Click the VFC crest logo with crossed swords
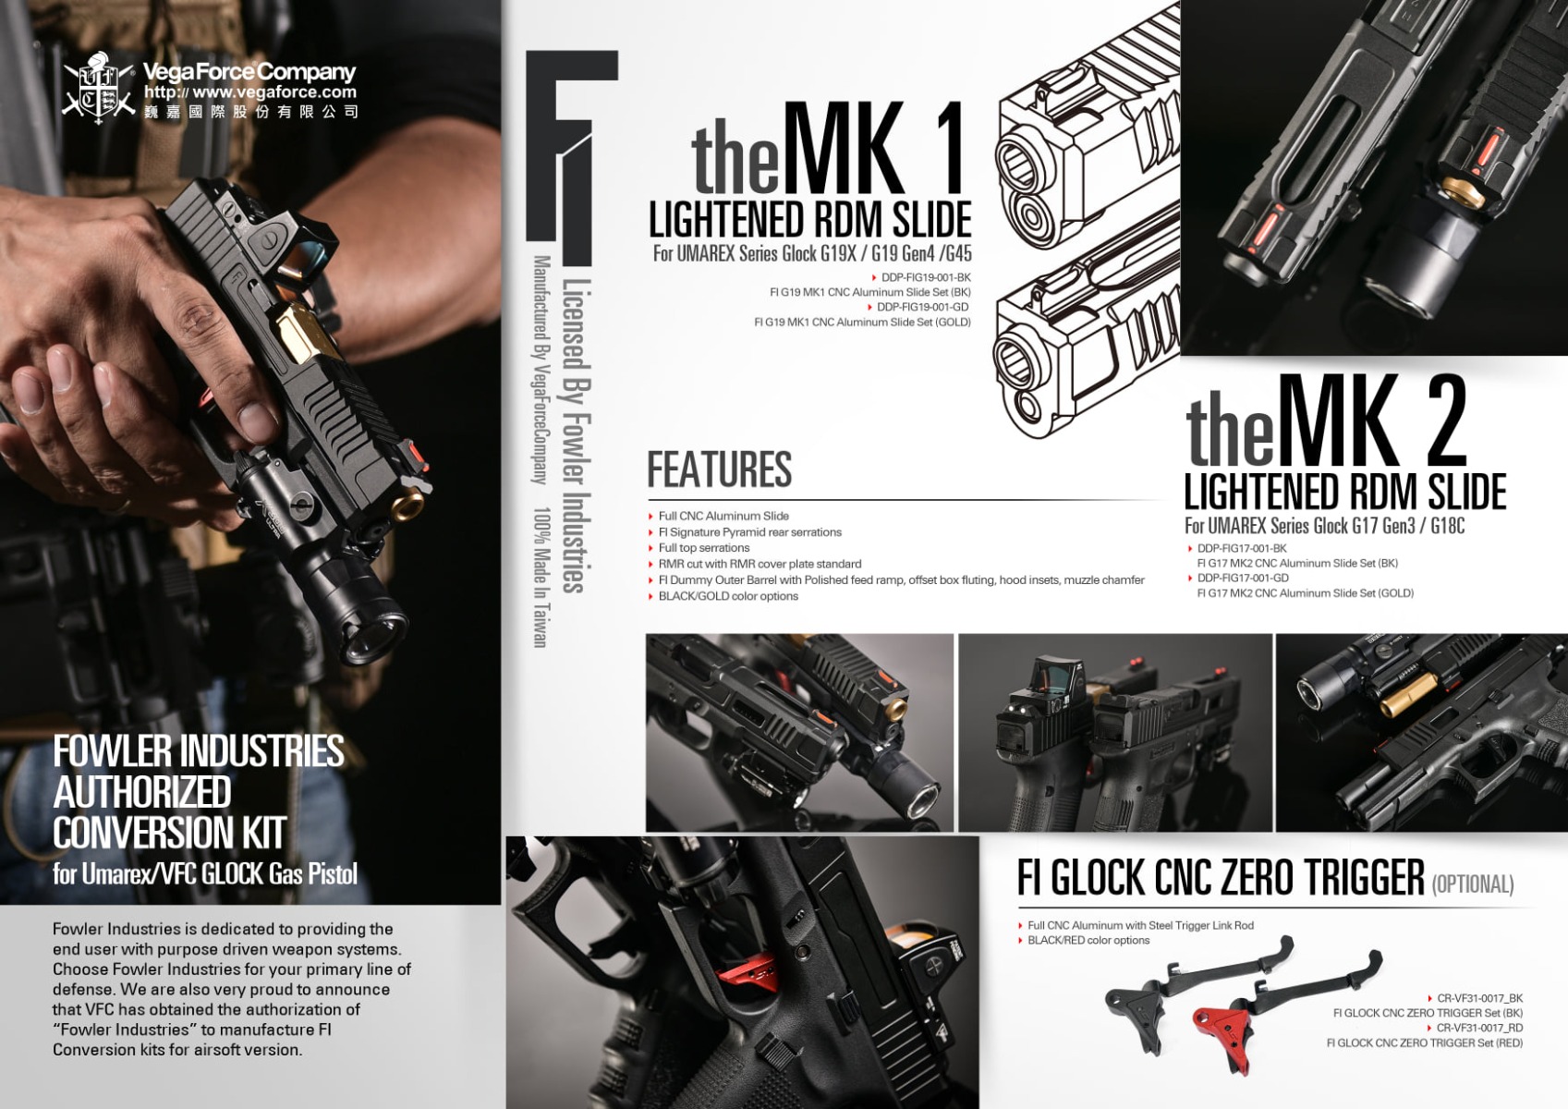tap(98, 88)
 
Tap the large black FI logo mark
tap(570, 157)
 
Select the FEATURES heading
tap(719, 469)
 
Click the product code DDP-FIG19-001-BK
tap(926, 277)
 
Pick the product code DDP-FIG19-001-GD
tap(923, 307)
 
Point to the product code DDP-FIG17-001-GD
tap(1243, 578)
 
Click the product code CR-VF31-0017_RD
tap(1479, 1028)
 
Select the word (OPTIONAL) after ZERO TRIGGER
tap(1473, 884)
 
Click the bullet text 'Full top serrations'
tap(703, 547)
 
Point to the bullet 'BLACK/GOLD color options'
tap(728, 596)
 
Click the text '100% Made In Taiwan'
tap(541, 577)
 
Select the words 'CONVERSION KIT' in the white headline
tap(169, 833)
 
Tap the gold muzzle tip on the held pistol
tap(407, 504)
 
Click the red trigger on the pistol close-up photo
tap(746, 973)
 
